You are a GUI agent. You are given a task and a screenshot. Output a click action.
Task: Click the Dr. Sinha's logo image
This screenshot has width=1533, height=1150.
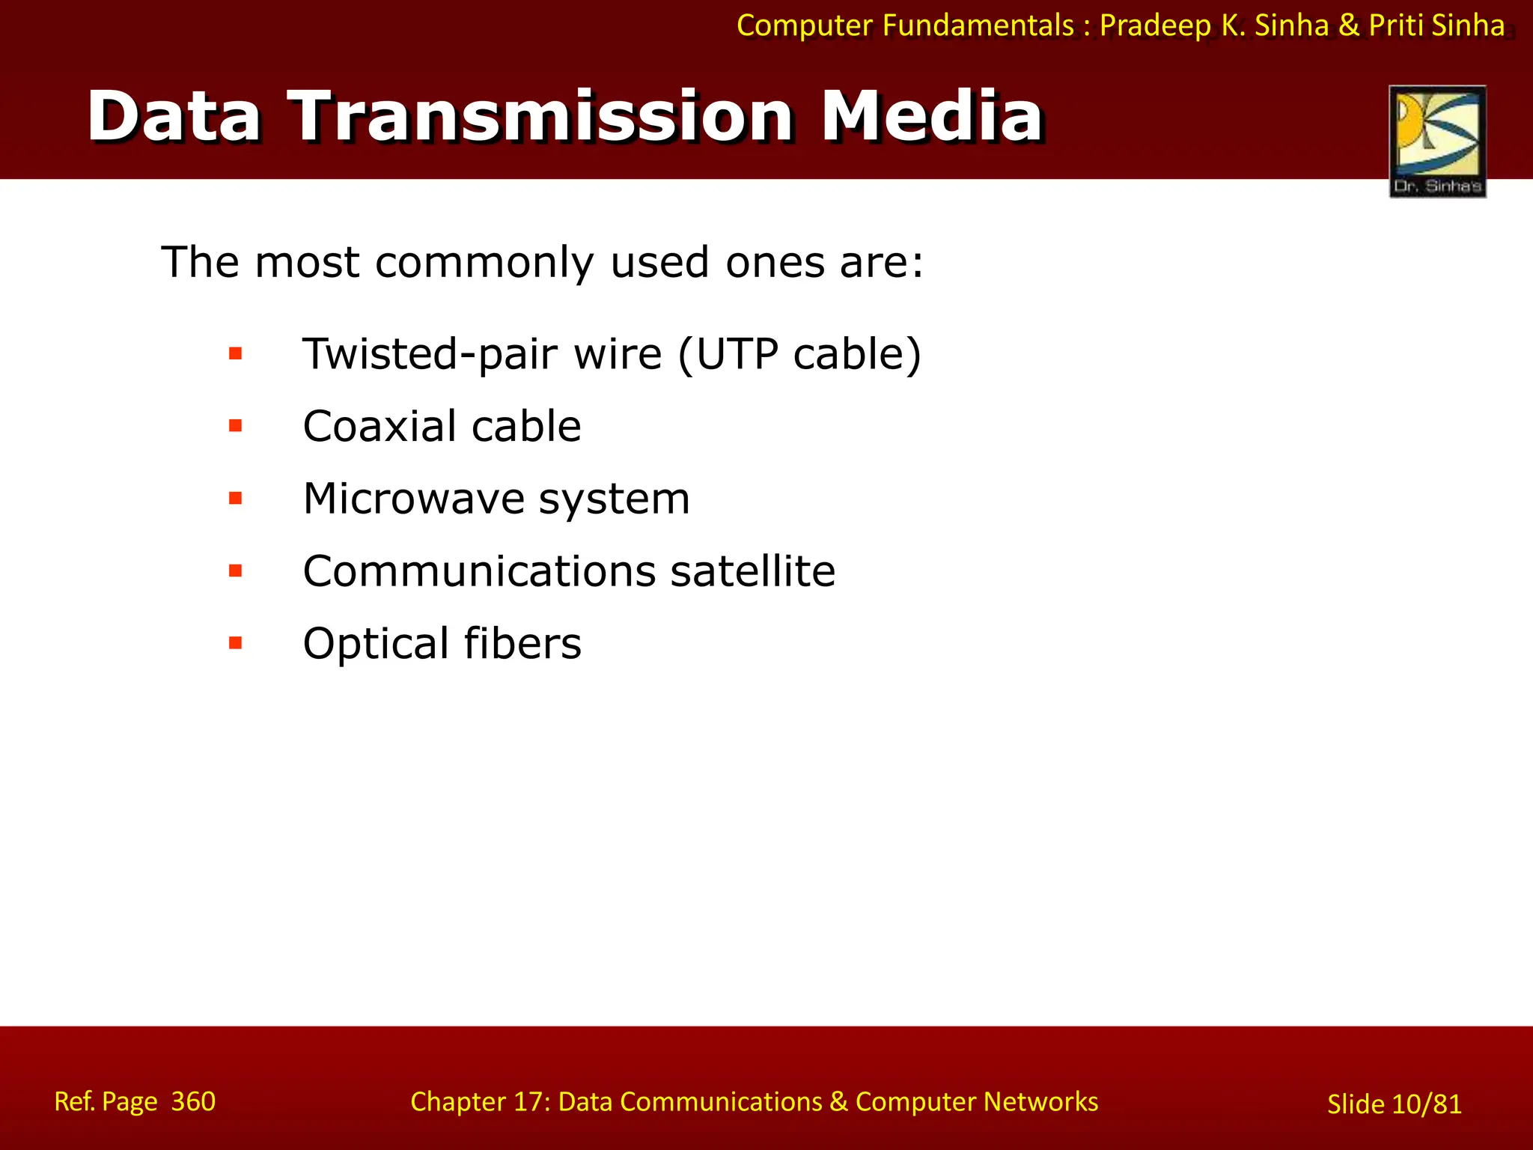[x=1436, y=141]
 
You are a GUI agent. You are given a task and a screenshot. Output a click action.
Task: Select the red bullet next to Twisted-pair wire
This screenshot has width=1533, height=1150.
[x=236, y=353]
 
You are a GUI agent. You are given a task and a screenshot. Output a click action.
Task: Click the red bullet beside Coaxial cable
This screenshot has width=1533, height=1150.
[x=236, y=426]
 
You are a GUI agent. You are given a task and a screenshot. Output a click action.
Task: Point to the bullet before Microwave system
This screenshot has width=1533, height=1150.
[x=236, y=498]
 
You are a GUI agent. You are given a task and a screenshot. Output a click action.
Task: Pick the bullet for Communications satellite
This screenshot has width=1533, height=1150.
[x=236, y=571]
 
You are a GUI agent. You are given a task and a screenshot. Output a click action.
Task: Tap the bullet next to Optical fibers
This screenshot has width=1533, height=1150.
[x=236, y=642]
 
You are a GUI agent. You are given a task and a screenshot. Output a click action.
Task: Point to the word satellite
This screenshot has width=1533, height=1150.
[x=752, y=571]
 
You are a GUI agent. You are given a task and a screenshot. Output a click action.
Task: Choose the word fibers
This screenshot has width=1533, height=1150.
[x=522, y=643]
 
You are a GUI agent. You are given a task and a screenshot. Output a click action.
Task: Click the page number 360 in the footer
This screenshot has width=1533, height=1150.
[x=193, y=1101]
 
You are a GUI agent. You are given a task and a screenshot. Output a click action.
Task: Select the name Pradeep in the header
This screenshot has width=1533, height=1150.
[x=1155, y=25]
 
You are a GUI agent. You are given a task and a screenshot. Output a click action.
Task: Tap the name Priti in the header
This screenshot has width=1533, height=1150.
[x=1396, y=25]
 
